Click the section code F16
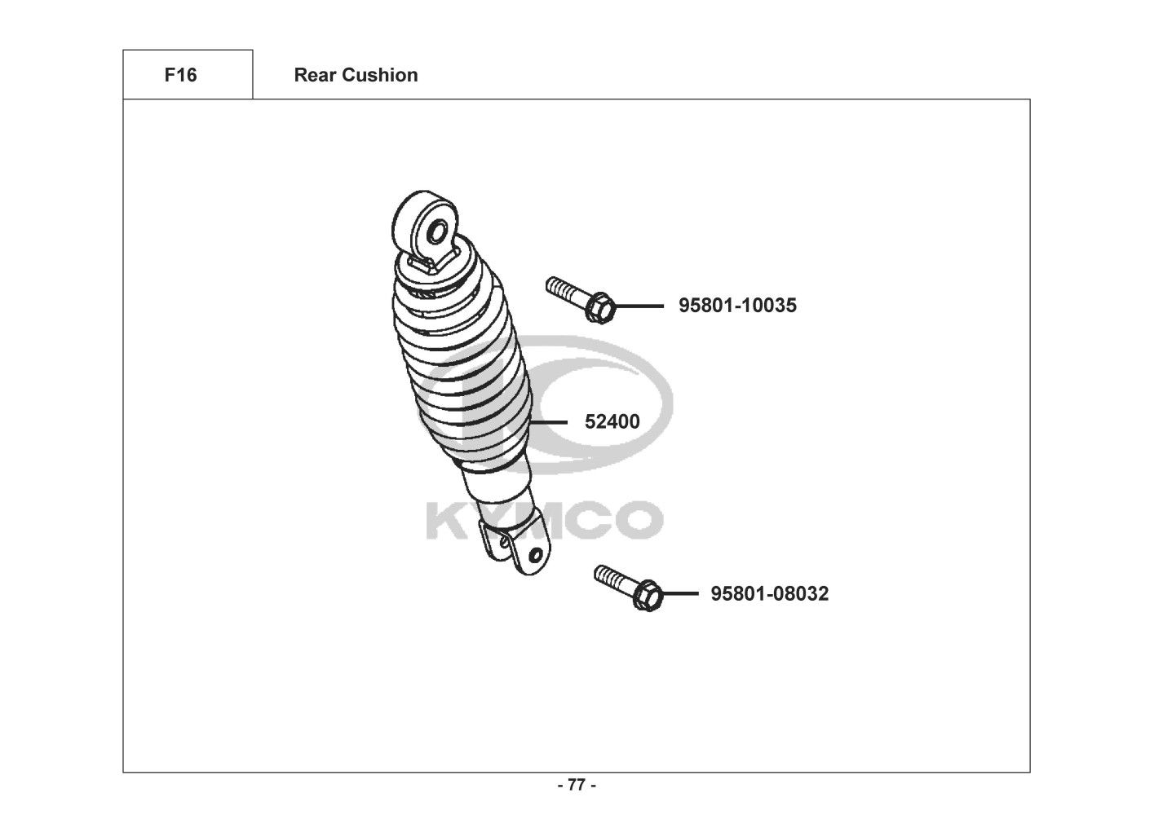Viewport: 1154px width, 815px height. (180, 75)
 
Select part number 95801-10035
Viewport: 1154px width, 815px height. (737, 306)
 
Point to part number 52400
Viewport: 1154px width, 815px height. (612, 422)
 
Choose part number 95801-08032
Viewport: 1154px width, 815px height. (769, 594)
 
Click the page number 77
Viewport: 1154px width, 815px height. (577, 786)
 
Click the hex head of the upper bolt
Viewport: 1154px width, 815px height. (599, 307)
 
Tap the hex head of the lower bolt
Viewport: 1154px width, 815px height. (648, 595)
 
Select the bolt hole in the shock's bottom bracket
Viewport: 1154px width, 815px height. (536, 555)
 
